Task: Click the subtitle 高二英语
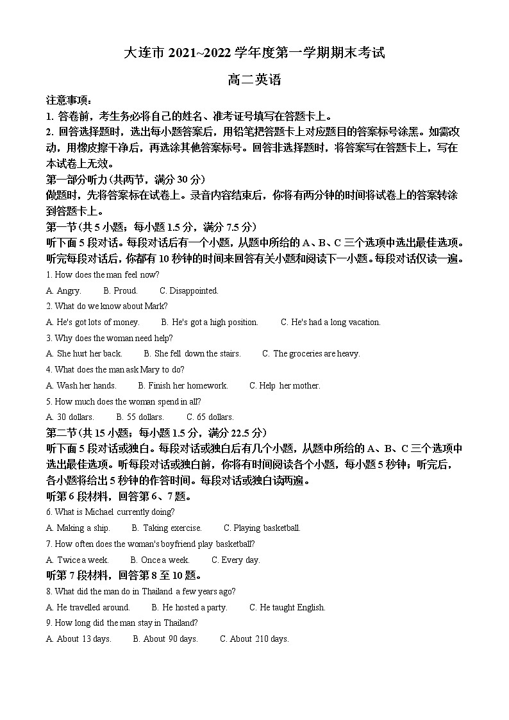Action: coord(254,81)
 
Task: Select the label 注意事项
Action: coord(69,101)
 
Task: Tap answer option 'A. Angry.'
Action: coord(64,290)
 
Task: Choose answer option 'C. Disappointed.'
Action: coord(189,290)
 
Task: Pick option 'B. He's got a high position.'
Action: coord(210,322)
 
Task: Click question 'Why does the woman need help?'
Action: coord(110,338)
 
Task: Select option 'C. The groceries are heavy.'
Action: coord(311,353)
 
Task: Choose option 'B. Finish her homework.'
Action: coord(183,385)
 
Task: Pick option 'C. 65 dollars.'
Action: coord(210,417)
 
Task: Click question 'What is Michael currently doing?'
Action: coord(110,512)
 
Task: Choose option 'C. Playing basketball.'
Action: coord(262,528)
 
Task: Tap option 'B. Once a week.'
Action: coord(160,560)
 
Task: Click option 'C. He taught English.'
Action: coord(287,607)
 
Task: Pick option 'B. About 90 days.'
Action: coord(165,639)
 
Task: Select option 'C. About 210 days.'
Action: coord(254,639)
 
